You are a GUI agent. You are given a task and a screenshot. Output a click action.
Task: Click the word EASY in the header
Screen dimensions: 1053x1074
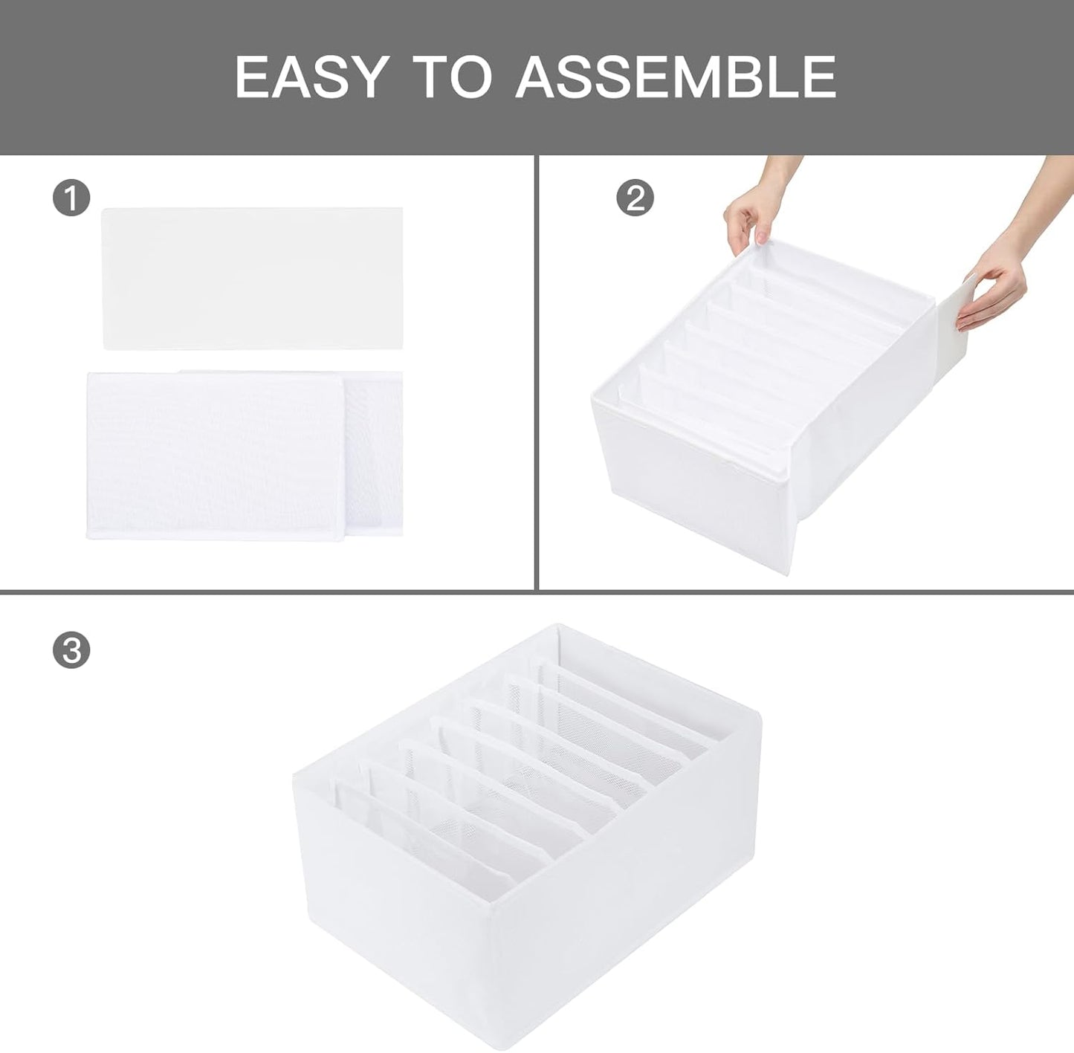point(311,77)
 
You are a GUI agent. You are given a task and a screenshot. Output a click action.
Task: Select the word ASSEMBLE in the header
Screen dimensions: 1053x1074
point(676,77)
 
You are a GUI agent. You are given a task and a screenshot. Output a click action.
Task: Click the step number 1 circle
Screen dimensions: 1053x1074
point(71,198)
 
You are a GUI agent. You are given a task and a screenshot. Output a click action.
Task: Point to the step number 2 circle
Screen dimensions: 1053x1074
point(635,198)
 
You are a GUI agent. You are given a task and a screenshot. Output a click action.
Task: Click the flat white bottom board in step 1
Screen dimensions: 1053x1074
point(252,278)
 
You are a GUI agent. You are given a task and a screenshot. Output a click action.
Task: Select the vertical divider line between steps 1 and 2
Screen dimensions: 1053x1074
point(536,372)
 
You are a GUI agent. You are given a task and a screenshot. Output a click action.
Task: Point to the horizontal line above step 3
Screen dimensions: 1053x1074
point(537,592)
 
